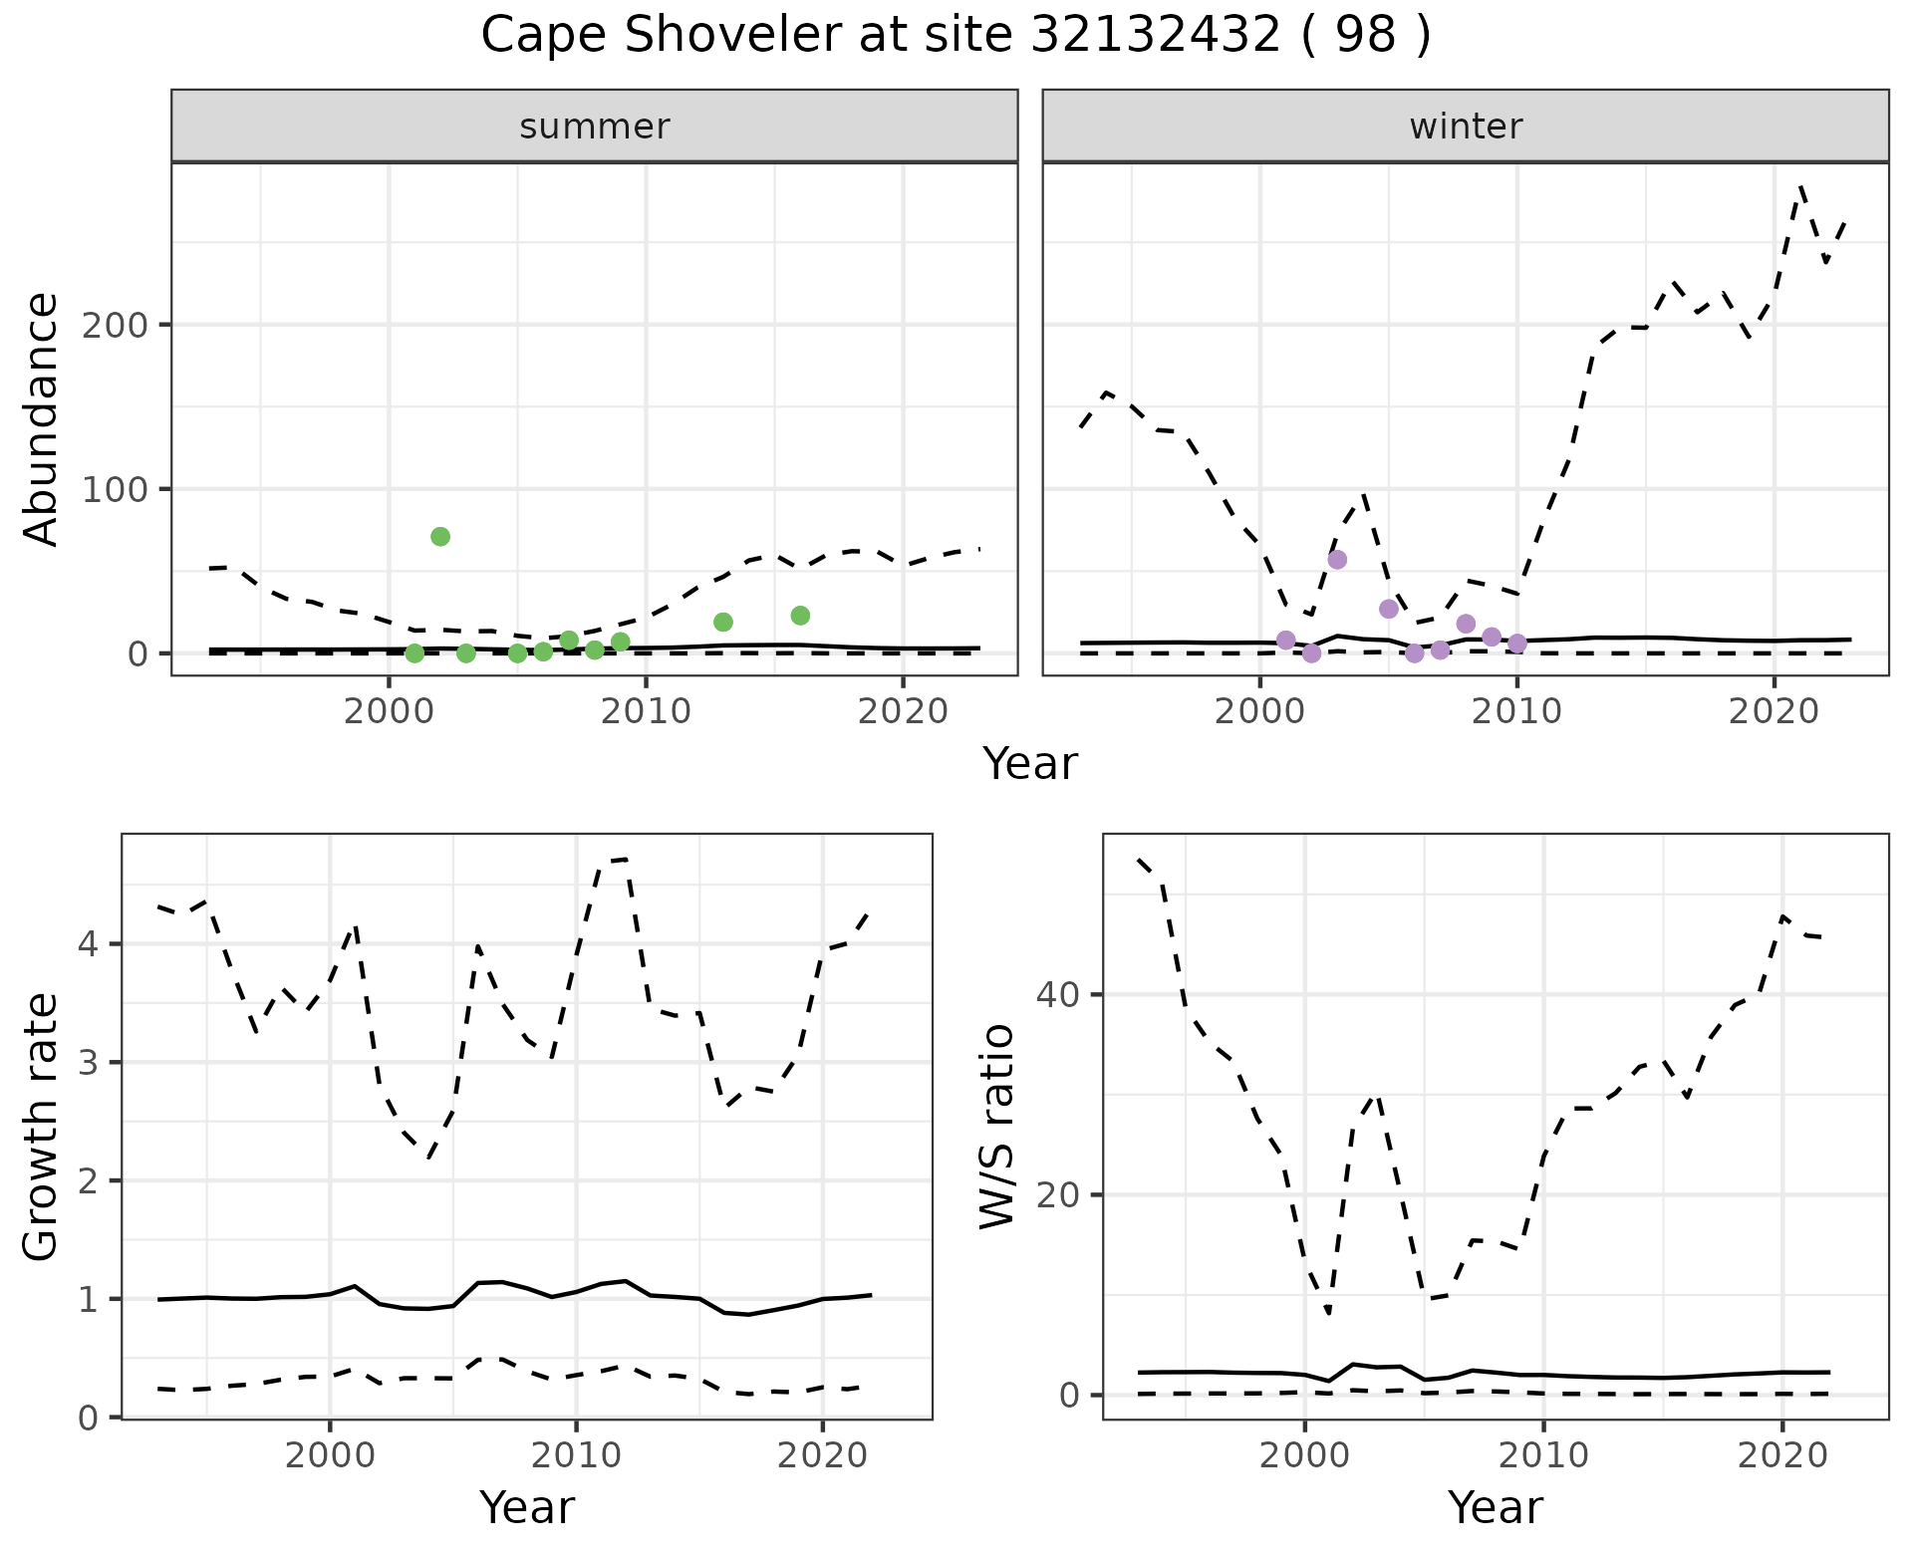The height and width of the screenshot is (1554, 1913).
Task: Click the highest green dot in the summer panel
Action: click(x=440, y=537)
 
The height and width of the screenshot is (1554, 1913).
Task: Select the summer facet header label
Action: click(x=595, y=127)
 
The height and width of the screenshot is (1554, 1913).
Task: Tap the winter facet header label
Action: click(x=1466, y=127)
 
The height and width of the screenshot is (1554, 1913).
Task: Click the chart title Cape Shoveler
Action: click(x=956, y=36)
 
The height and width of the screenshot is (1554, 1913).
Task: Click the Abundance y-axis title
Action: click(x=41, y=419)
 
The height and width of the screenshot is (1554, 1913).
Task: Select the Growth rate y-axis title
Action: click(x=41, y=1127)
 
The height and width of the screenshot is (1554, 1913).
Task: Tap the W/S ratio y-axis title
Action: click(x=997, y=1127)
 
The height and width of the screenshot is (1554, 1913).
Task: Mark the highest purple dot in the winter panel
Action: click(x=1337, y=560)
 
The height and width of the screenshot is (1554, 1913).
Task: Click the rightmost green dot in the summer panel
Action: click(x=800, y=616)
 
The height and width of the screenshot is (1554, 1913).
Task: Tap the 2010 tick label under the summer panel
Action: click(x=645, y=711)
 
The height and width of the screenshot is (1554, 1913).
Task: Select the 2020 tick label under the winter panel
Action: click(x=1774, y=711)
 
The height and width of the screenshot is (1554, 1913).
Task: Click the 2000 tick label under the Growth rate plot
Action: click(x=330, y=1455)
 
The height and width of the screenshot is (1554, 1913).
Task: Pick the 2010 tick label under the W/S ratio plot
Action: click(x=1543, y=1455)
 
